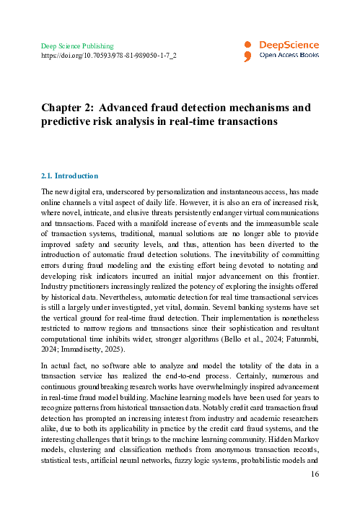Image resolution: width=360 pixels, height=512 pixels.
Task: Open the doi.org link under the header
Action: pyautogui.click(x=109, y=55)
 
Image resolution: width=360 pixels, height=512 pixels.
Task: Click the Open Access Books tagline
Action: pyautogui.click(x=289, y=54)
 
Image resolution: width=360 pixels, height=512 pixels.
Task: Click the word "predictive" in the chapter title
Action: pyautogui.click(x=71, y=122)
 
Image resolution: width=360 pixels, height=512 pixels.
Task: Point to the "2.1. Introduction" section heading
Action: pyautogui.click(x=69, y=175)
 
